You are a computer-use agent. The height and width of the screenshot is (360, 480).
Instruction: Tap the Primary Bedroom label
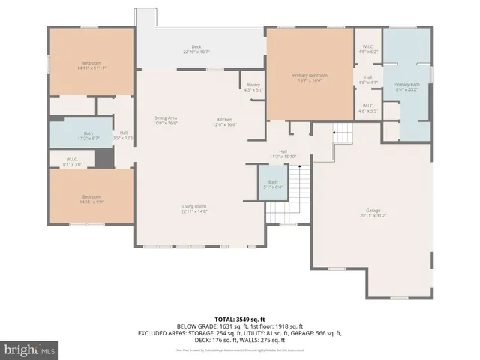pos(310,76)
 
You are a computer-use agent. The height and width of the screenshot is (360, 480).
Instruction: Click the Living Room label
pos(193,209)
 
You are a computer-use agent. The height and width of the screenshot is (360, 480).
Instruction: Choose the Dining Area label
pos(165,121)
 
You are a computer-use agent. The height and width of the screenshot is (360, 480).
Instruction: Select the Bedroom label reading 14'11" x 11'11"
pos(91,66)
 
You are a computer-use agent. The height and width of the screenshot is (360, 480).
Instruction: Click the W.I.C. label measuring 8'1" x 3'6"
pos(72,161)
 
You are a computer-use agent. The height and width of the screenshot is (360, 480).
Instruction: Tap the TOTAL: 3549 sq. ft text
pos(240,319)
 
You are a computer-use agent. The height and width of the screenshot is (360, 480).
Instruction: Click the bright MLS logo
pos(30,349)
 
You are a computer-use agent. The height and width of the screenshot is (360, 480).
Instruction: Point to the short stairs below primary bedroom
pos(343,135)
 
